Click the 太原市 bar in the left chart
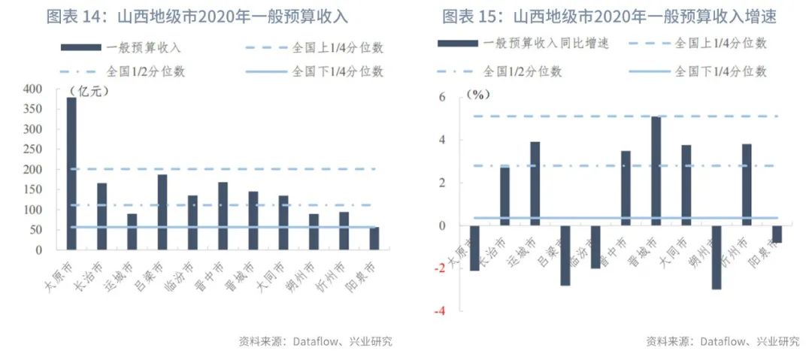pyautogui.click(x=71, y=173)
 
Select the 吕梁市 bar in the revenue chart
pyautogui.click(x=162, y=211)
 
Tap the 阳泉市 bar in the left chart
pyautogui.click(x=374, y=237)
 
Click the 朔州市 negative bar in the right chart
pyautogui.click(x=716, y=257)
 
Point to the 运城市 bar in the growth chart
pyautogui.click(x=535, y=183)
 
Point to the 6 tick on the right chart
pyautogui.click(x=443, y=98)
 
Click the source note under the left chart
pyautogui.click(x=315, y=341)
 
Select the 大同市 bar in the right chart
pyautogui.click(x=686, y=185)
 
